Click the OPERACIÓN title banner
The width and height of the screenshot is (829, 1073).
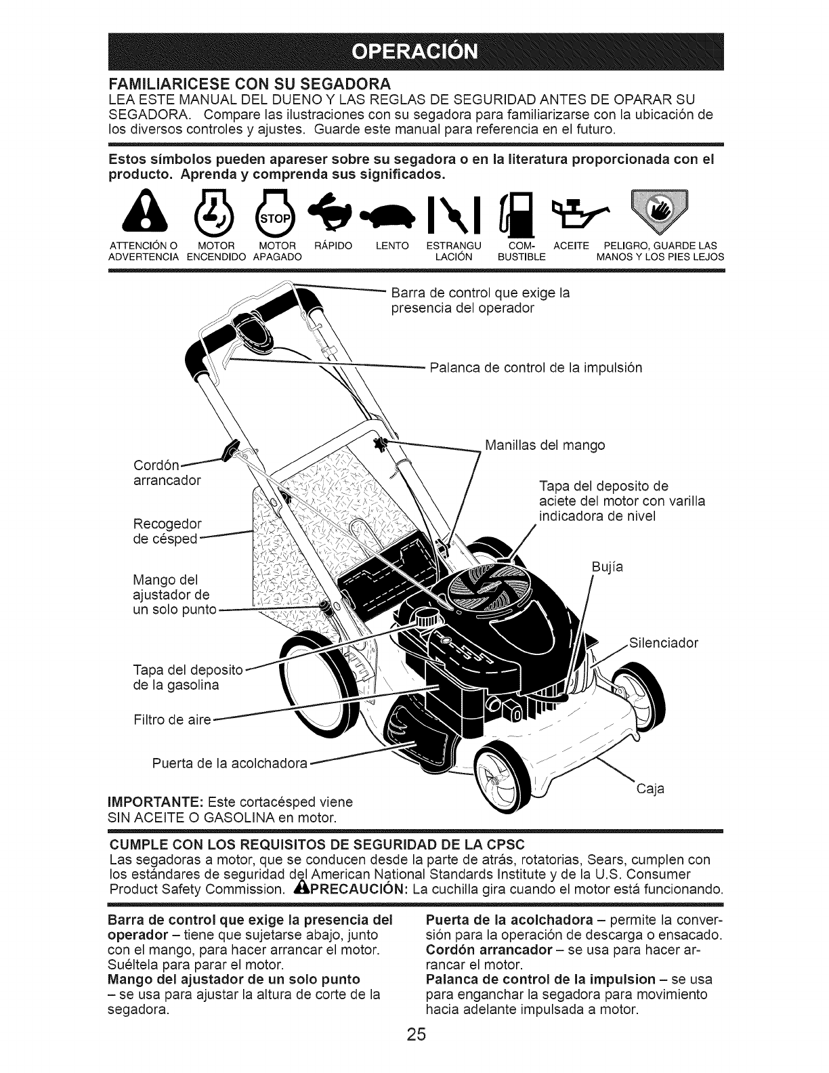(416, 51)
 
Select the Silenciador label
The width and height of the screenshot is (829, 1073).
(663, 642)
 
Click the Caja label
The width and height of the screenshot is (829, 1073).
(650, 789)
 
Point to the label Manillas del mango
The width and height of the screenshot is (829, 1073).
(545, 445)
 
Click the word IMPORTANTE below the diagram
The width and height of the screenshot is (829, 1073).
(150, 801)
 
